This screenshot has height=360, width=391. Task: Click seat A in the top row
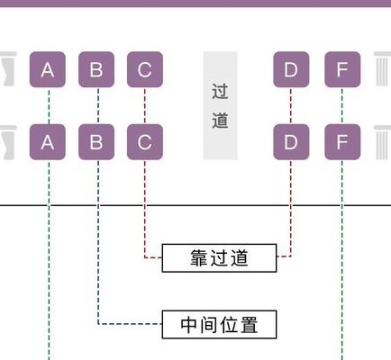[x=48, y=69]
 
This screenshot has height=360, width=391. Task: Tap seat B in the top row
[x=96, y=69]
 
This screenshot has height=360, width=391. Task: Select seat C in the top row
[x=145, y=69]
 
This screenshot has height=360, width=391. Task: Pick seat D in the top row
[x=291, y=69]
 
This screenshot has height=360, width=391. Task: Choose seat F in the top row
[x=342, y=69]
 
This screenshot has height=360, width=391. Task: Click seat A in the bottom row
[x=48, y=141]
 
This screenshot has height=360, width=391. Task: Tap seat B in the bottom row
[x=96, y=141]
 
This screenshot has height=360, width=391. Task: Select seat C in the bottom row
[x=145, y=141]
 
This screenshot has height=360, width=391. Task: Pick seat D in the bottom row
[x=291, y=141]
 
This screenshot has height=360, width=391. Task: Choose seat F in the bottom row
[x=342, y=141]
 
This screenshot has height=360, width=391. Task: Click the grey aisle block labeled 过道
[x=220, y=105]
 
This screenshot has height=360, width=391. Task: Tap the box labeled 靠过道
[x=219, y=258]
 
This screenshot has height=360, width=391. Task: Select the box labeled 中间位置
[x=219, y=325]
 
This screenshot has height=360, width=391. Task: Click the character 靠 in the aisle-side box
[x=198, y=258]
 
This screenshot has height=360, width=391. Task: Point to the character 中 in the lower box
[x=188, y=325]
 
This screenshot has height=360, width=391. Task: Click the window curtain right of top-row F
[x=382, y=69]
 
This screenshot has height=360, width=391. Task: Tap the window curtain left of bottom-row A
[x=7, y=142]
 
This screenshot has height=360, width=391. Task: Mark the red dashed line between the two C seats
[x=145, y=105]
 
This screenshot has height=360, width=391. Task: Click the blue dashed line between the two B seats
[x=98, y=105]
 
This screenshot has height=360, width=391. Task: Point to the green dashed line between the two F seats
[x=342, y=105]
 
